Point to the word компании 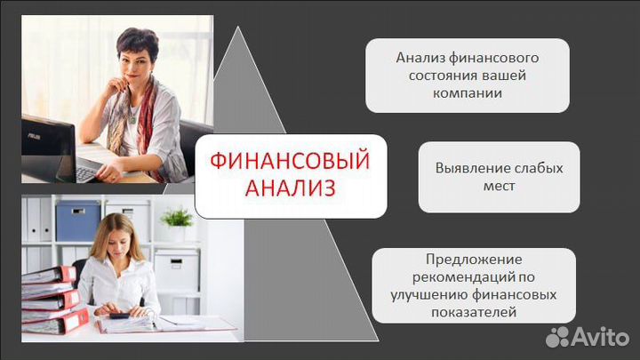[x=468, y=92]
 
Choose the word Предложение [x=474, y=260]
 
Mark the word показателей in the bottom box [x=474, y=312]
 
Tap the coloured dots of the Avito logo [x=559, y=335]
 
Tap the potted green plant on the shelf [x=178, y=220]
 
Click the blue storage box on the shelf [x=78, y=220]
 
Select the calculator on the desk [x=117, y=314]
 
